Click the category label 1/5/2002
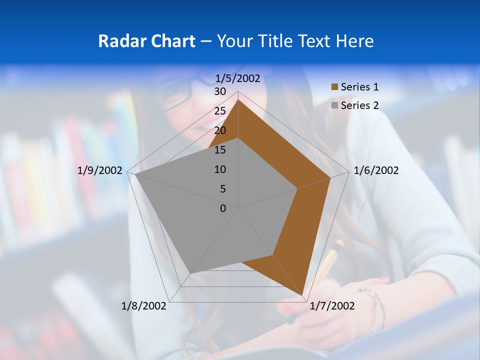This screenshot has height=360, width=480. [x=237, y=78]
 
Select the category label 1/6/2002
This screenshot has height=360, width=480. [x=376, y=170]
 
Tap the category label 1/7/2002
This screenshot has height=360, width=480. [x=332, y=306]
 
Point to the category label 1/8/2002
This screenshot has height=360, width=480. [x=144, y=306]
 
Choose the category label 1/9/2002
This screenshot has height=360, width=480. [x=100, y=170]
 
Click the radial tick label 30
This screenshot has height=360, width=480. [x=220, y=91]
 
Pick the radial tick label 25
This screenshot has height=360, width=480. [x=220, y=111]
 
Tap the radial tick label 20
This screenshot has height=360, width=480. [x=220, y=130]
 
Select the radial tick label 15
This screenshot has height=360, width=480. [x=220, y=150]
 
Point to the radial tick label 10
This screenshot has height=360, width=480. [x=220, y=169]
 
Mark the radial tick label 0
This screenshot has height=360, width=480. [x=223, y=208]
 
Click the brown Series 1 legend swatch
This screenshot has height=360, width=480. [x=334, y=87]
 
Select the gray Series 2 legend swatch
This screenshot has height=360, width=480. [x=334, y=105]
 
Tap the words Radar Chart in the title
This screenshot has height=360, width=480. [x=146, y=41]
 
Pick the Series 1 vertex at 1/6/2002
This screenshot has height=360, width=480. [x=330, y=177]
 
